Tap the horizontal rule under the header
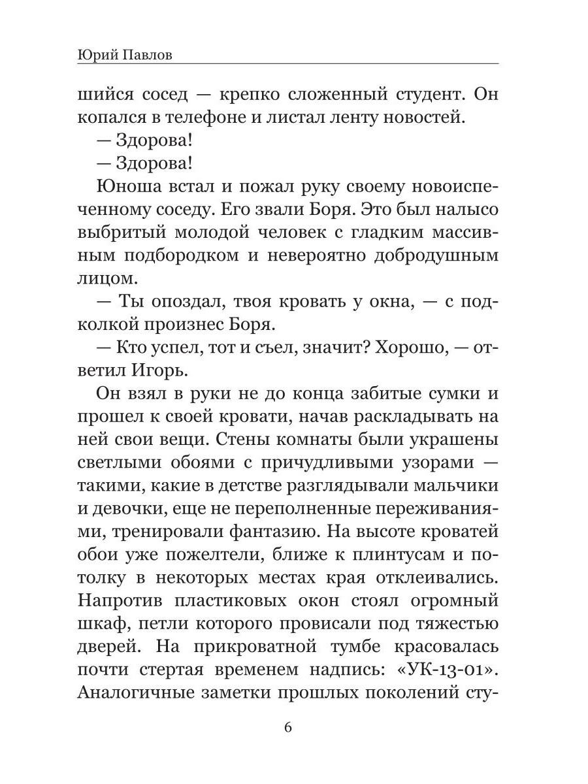287,63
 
